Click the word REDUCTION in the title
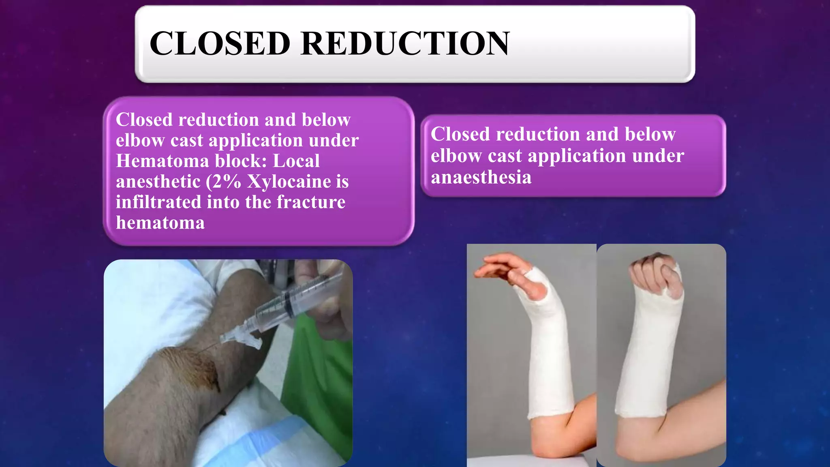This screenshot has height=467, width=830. tap(404, 43)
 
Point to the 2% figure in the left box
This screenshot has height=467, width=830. tap(227, 181)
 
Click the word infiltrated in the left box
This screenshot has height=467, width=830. tap(158, 202)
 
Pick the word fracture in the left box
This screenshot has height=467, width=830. tap(311, 202)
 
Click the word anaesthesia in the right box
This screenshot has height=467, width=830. tap(481, 177)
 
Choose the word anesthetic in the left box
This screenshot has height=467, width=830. tap(158, 181)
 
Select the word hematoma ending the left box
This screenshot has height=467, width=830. tap(160, 223)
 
